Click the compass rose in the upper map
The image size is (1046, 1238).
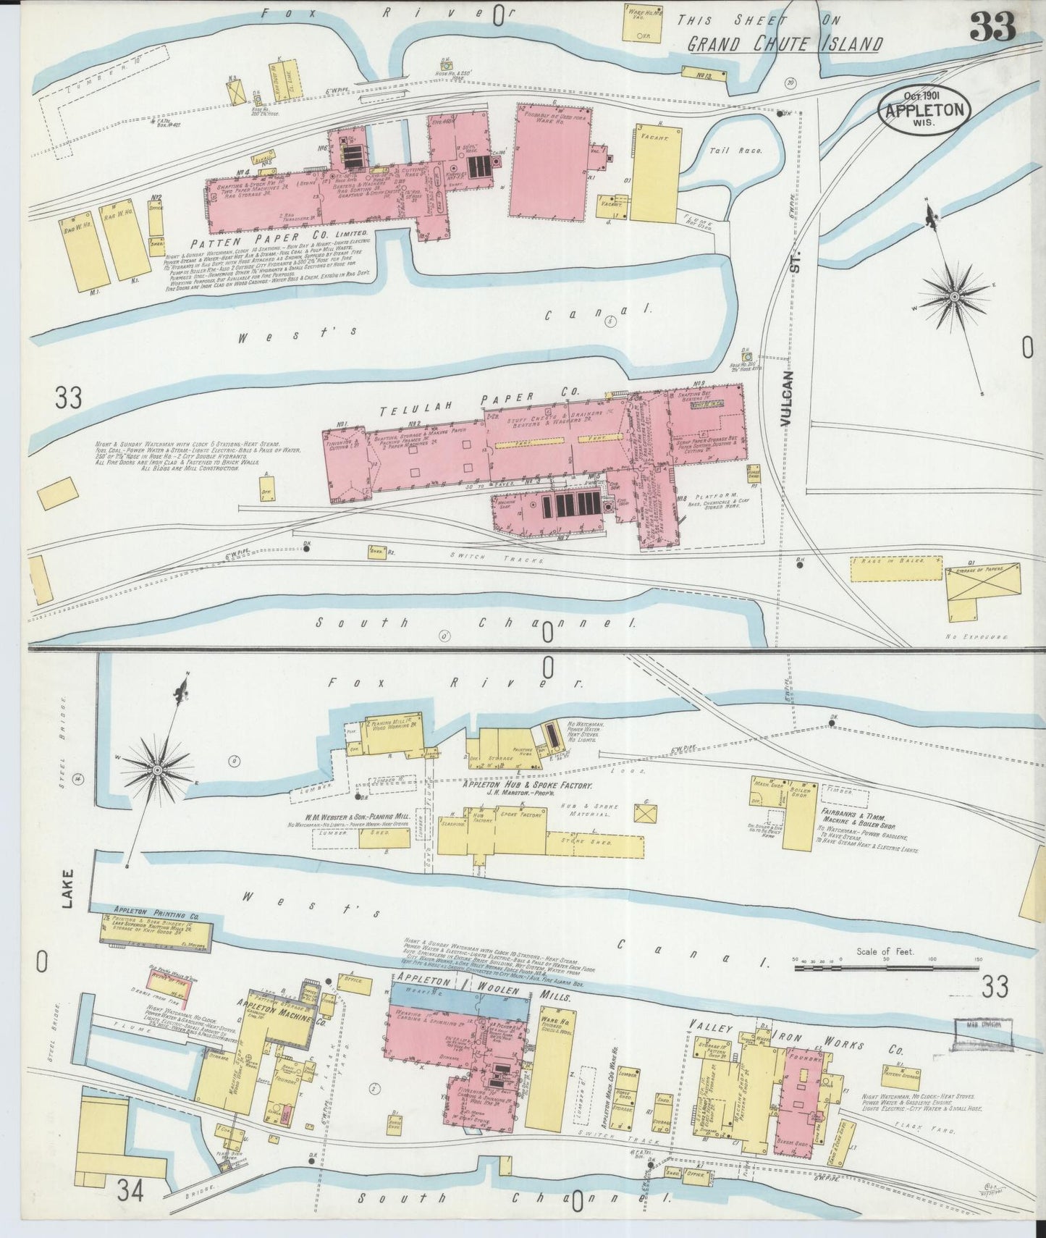[x=953, y=294]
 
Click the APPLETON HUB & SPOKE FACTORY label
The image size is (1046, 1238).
[x=528, y=786]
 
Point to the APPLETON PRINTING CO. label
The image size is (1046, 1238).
[x=155, y=909]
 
